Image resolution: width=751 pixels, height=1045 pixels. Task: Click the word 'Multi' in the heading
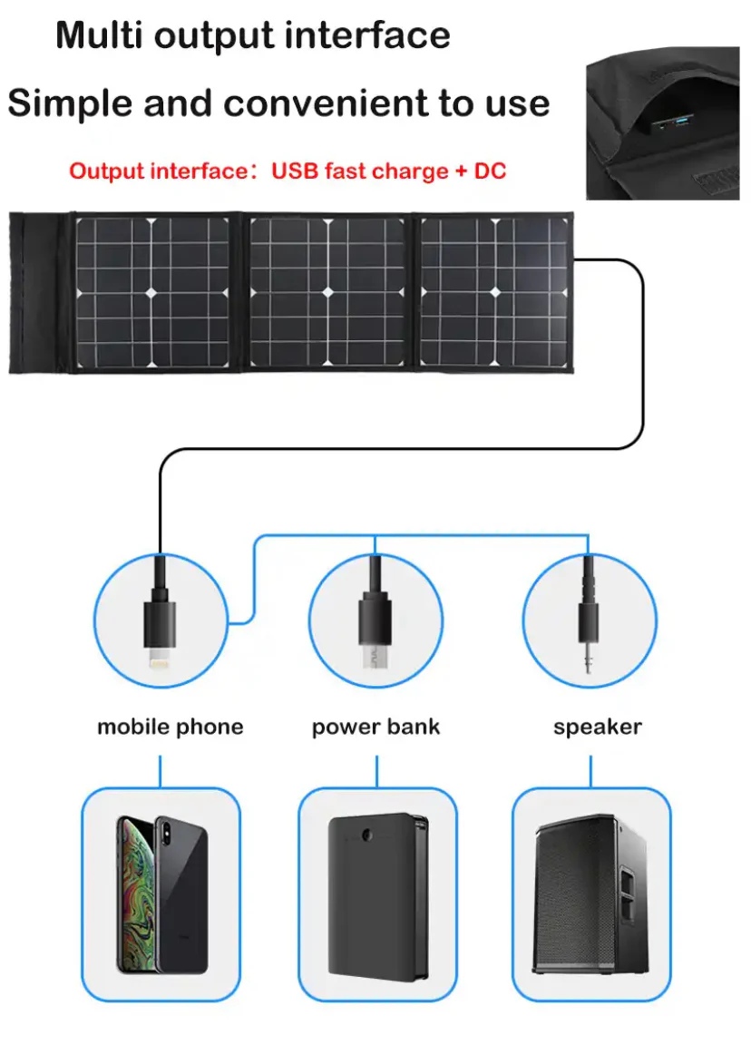pyautogui.click(x=99, y=34)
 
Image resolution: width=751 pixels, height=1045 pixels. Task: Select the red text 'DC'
pyautogui.click(x=490, y=171)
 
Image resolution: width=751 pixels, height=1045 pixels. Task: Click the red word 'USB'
pyautogui.click(x=295, y=171)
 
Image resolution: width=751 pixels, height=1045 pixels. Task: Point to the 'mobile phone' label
pyautogui.click(x=170, y=727)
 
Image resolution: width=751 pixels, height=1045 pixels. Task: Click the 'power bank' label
pyautogui.click(x=375, y=727)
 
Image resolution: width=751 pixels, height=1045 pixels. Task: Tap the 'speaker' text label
pyautogui.click(x=598, y=728)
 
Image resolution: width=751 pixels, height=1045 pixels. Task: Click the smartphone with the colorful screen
pyautogui.click(x=162, y=894)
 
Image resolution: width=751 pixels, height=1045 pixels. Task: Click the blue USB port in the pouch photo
pyautogui.click(x=681, y=121)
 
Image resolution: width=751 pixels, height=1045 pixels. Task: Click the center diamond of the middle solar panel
pyautogui.click(x=327, y=293)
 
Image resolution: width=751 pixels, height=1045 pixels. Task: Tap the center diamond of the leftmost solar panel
pyautogui.click(x=151, y=293)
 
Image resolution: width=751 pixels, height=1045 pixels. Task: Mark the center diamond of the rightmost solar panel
pyautogui.click(x=495, y=293)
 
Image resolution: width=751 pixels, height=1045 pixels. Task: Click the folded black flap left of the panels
pyautogui.click(x=39, y=293)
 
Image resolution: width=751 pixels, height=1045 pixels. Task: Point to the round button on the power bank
pyautogui.click(x=366, y=835)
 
